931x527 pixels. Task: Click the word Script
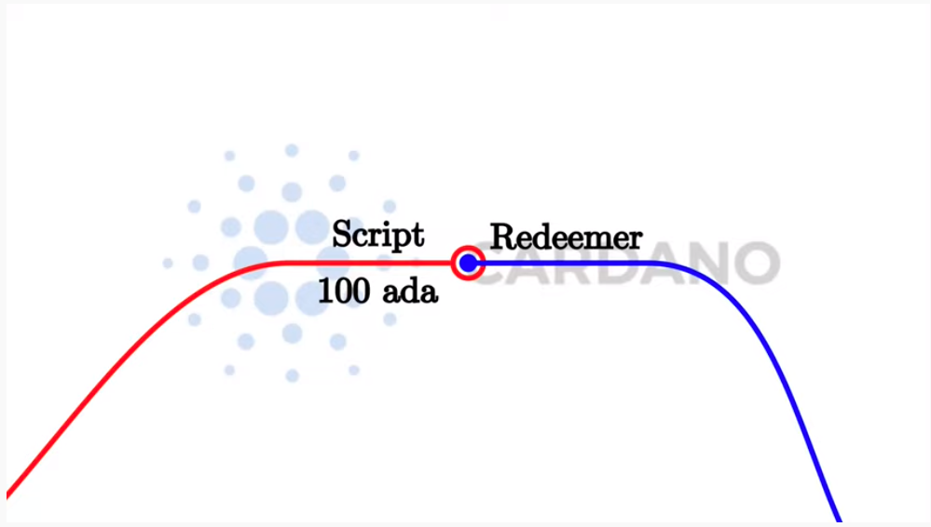tap(378, 235)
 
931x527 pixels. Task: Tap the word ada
tap(410, 291)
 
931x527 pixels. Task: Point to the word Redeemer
tap(566, 236)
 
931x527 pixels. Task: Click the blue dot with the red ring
tap(468, 264)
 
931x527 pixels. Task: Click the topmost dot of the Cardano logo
tap(292, 150)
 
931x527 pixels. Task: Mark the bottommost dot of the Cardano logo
tap(292, 375)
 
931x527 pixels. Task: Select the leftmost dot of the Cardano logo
tap(168, 263)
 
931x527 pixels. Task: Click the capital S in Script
tap(342, 234)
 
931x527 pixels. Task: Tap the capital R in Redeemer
tap(502, 236)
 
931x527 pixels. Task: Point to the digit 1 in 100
tap(325, 291)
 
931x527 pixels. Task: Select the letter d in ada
tap(410, 291)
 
